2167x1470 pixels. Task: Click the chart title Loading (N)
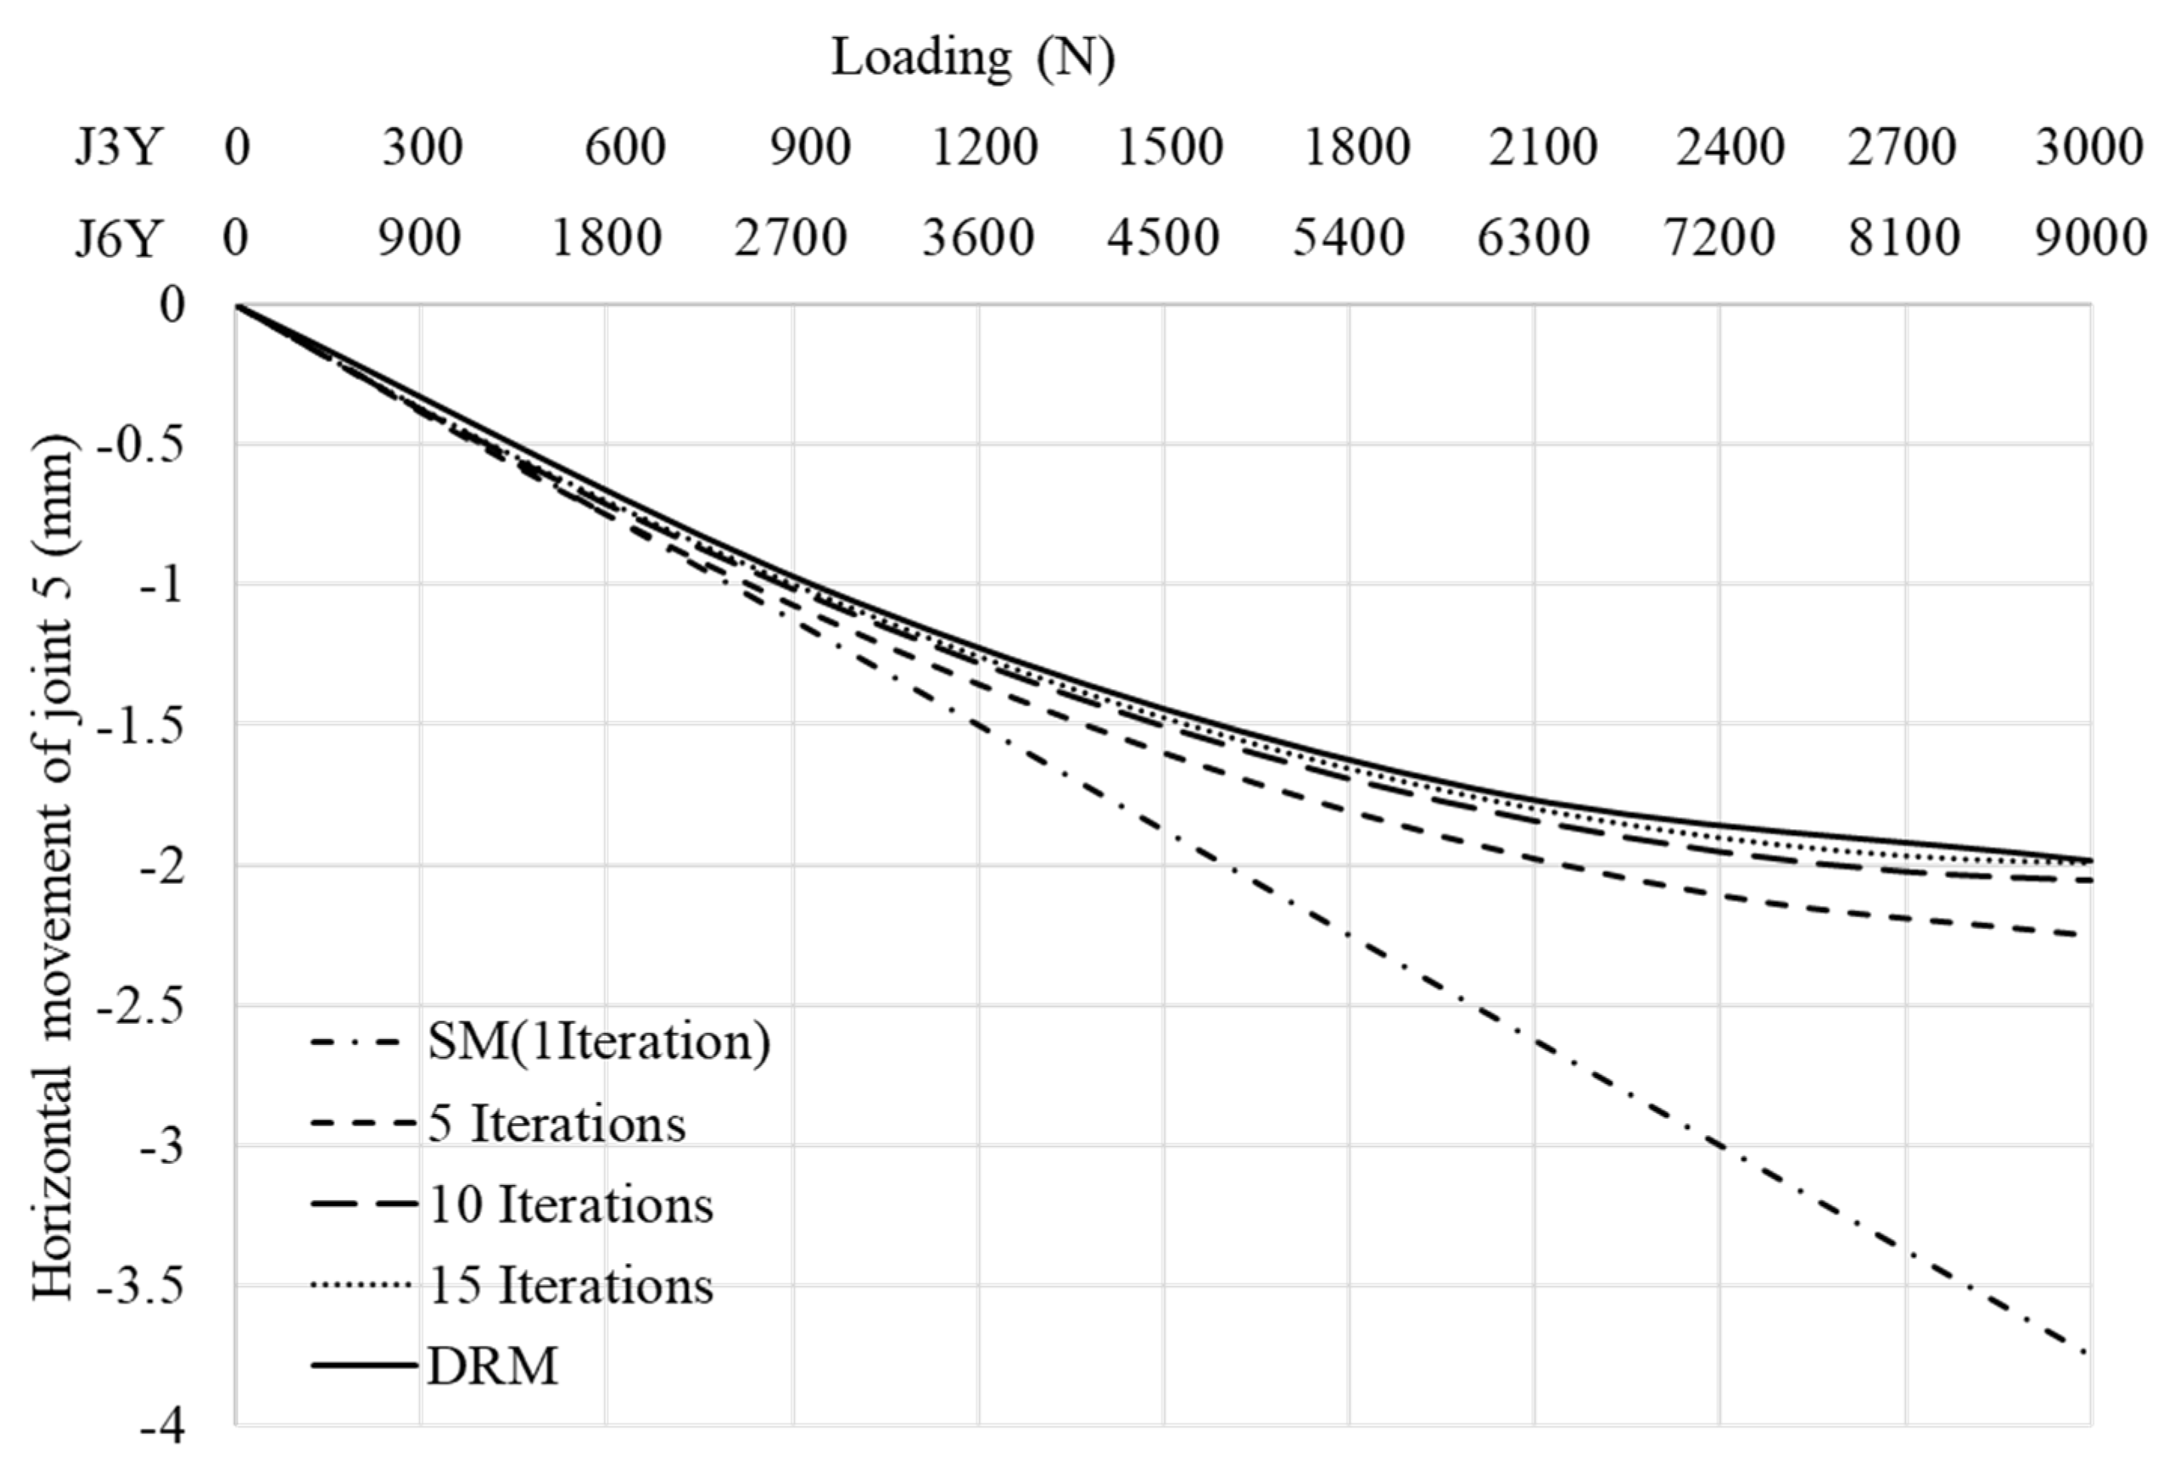pyautogui.click(x=972, y=59)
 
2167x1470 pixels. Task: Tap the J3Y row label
pyautogui.click(x=118, y=147)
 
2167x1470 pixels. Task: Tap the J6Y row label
pyautogui.click(x=118, y=238)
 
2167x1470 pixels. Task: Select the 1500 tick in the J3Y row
pyautogui.click(x=1169, y=147)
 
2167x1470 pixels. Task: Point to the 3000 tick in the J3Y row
pyautogui.click(x=2089, y=147)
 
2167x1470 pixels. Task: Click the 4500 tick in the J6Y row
pyautogui.click(x=1163, y=238)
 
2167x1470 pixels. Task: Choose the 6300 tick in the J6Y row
pyautogui.click(x=1533, y=238)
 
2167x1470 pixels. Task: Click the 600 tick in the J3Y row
pyautogui.click(x=625, y=147)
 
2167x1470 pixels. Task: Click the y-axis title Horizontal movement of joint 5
pyautogui.click(x=53, y=867)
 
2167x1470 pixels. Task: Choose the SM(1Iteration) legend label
pyautogui.click(x=598, y=1042)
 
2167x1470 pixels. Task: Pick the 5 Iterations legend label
pyautogui.click(x=557, y=1123)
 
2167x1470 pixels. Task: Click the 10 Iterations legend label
pyautogui.click(x=571, y=1204)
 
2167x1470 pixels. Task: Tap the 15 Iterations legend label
pyautogui.click(x=571, y=1286)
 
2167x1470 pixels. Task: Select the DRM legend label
pyautogui.click(x=492, y=1366)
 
